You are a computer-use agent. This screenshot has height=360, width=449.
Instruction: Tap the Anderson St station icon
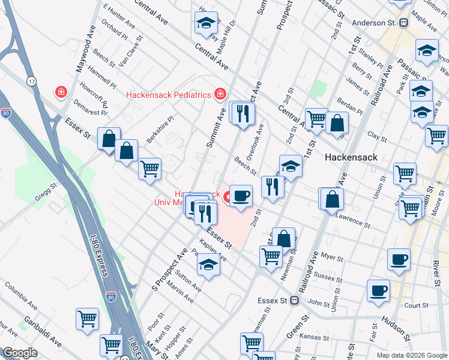tap(404, 23)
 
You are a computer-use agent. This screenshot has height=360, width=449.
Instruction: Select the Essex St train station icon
tap(294, 300)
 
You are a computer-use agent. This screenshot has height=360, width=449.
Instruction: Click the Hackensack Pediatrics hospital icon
tap(221, 94)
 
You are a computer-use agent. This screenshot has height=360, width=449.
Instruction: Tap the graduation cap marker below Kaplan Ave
tap(208, 265)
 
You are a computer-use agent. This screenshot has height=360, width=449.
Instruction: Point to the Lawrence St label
tap(352, 218)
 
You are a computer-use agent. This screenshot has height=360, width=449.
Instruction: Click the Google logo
tap(20, 353)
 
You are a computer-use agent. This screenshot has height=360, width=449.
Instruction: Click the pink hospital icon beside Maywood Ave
tap(61, 92)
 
